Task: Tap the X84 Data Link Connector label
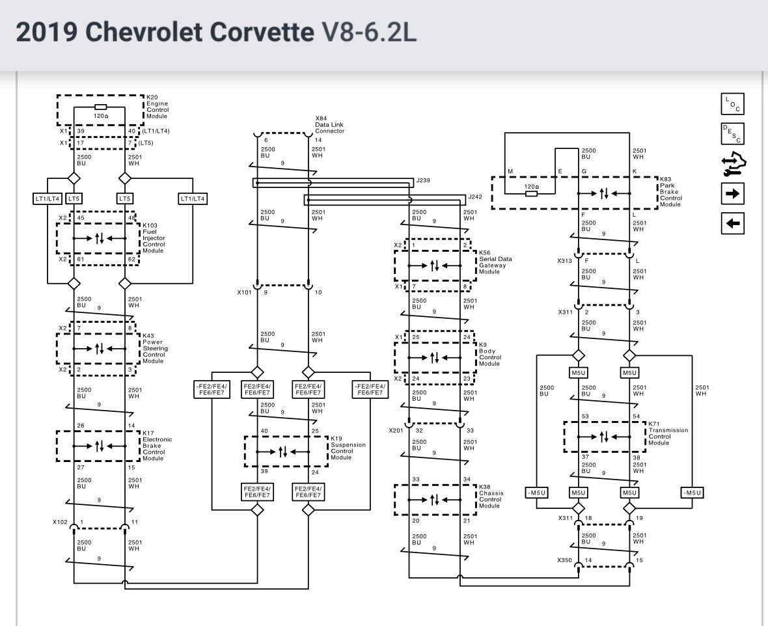(329, 125)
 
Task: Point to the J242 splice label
(476, 196)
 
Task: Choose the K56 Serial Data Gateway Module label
(495, 262)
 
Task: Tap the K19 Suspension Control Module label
(348, 448)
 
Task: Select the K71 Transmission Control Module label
(667, 433)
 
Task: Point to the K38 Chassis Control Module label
(489, 496)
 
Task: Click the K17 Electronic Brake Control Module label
(158, 445)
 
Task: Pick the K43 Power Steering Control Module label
(155, 348)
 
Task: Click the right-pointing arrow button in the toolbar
(733, 193)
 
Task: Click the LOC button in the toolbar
(733, 104)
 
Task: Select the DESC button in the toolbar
(733, 133)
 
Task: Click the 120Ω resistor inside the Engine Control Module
(101, 107)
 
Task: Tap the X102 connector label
(60, 522)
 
